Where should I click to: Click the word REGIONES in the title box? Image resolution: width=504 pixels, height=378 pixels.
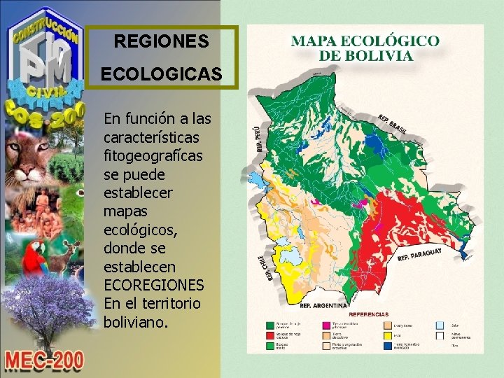coord(161,43)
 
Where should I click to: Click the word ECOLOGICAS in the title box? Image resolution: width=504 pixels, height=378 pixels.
coord(161,73)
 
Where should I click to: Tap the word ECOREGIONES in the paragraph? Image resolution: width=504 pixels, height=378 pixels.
coord(153,286)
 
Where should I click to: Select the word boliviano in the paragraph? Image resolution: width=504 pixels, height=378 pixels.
coord(135,323)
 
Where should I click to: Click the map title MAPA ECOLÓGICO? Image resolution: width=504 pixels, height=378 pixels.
coord(365,41)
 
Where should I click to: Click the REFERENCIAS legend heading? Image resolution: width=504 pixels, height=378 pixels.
coord(369,314)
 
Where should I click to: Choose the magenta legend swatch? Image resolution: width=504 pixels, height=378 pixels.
coord(326,325)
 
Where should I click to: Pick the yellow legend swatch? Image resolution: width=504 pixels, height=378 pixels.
coord(387,336)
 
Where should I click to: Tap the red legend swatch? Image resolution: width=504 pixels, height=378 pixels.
coord(269,336)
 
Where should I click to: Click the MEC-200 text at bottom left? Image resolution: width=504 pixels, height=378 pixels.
coord(44,360)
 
